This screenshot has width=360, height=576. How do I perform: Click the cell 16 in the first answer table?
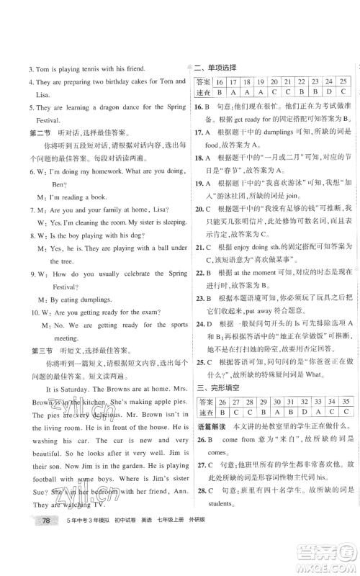click(x=220, y=83)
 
